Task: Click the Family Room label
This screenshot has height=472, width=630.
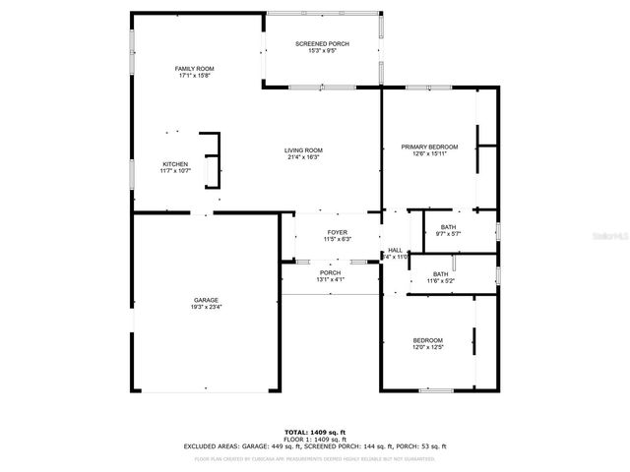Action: point(194,68)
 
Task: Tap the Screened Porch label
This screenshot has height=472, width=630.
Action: point(323,44)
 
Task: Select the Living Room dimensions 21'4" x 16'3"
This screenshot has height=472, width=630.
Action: point(304,157)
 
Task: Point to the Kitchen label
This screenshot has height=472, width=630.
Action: point(175,164)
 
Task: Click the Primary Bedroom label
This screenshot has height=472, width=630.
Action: point(429,147)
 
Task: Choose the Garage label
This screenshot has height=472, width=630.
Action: point(206,300)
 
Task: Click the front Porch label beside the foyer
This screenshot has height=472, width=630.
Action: point(330,272)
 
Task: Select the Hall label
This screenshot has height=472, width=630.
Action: point(395,250)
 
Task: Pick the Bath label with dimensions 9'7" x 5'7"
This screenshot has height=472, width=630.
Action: point(448,227)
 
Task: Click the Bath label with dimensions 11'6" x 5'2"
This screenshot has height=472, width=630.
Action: point(440,274)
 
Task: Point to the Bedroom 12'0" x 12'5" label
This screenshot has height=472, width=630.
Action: point(427,340)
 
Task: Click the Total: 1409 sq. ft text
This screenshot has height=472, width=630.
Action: point(315,432)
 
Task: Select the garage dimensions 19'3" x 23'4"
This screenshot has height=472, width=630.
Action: point(206,307)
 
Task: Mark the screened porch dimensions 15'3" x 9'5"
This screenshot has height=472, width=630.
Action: point(323,51)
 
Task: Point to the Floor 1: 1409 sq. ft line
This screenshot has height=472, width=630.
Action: point(315,439)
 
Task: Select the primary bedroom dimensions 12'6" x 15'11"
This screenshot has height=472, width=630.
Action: point(429,153)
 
